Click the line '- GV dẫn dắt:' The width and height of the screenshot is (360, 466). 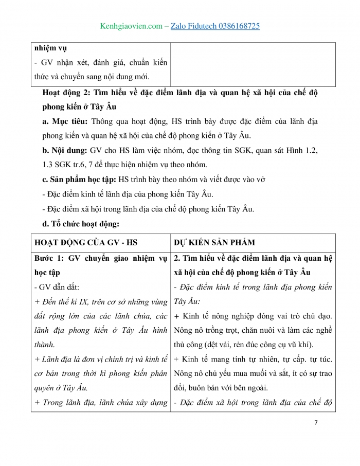[x=56, y=286]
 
